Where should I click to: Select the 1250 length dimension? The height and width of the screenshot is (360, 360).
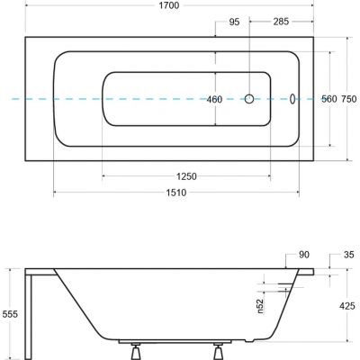click(x=186, y=176)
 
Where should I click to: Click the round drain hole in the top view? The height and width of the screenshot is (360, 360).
click(x=250, y=100)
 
